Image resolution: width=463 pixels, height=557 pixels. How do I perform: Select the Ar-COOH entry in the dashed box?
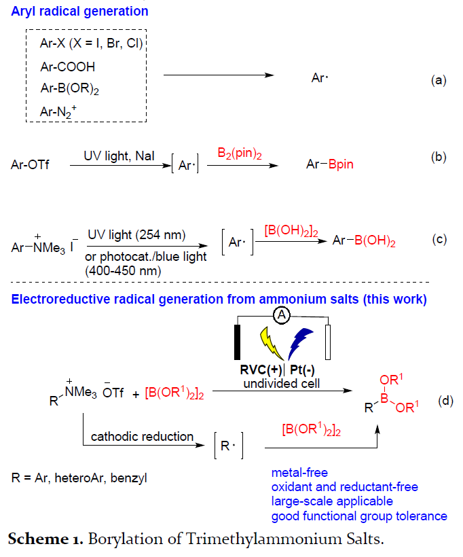click(67, 67)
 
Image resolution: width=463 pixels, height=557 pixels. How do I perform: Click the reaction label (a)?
click(439, 80)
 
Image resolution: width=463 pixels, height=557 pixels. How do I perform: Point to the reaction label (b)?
click(439, 158)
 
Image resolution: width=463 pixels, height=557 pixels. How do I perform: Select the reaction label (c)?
click(440, 240)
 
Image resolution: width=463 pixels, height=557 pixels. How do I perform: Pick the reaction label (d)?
click(445, 401)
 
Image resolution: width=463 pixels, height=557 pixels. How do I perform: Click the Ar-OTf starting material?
click(31, 164)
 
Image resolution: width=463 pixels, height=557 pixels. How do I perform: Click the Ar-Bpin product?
click(329, 164)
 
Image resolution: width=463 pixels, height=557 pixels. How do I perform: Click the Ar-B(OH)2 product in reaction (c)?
click(365, 240)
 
